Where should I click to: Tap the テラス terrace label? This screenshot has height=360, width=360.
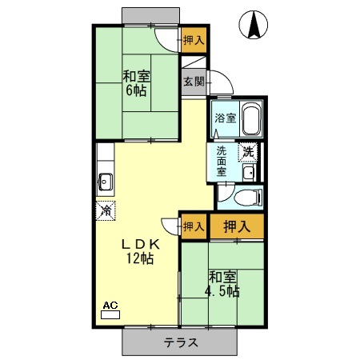pos(181,342)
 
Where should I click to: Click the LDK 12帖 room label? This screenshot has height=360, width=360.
pos(138,251)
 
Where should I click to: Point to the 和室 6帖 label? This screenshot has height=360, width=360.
pos(136,83)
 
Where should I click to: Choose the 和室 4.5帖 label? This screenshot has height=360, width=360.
pos(221,284)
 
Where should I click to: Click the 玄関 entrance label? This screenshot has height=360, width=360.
pos(193,82)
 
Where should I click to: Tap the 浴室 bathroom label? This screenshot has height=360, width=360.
pos(225,118)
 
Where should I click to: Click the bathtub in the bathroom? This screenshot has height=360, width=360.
pos(250,121)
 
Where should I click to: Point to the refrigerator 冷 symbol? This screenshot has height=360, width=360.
pos(106,210)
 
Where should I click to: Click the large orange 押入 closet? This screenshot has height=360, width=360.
pos(236,226)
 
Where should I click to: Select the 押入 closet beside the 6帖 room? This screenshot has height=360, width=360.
pos(193,39)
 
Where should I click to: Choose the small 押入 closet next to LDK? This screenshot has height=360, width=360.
pos(193,226)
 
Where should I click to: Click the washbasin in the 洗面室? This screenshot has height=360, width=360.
pos(248,173)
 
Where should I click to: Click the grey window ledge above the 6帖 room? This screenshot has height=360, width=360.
pos(151,17)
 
